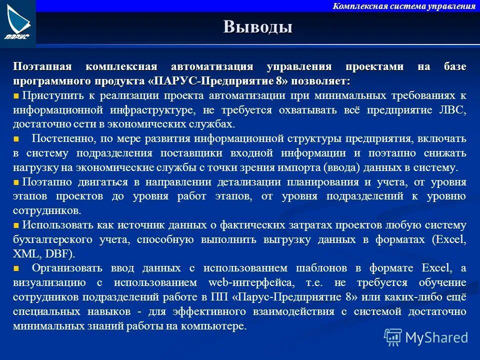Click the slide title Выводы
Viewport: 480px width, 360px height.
pos(258,26)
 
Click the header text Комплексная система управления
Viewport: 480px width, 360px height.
pos(404,6)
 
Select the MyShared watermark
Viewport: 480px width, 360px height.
pos(426,337)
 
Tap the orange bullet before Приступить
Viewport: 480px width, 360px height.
pos(16,95)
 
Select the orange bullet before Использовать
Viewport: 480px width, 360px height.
pos(16,225)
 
